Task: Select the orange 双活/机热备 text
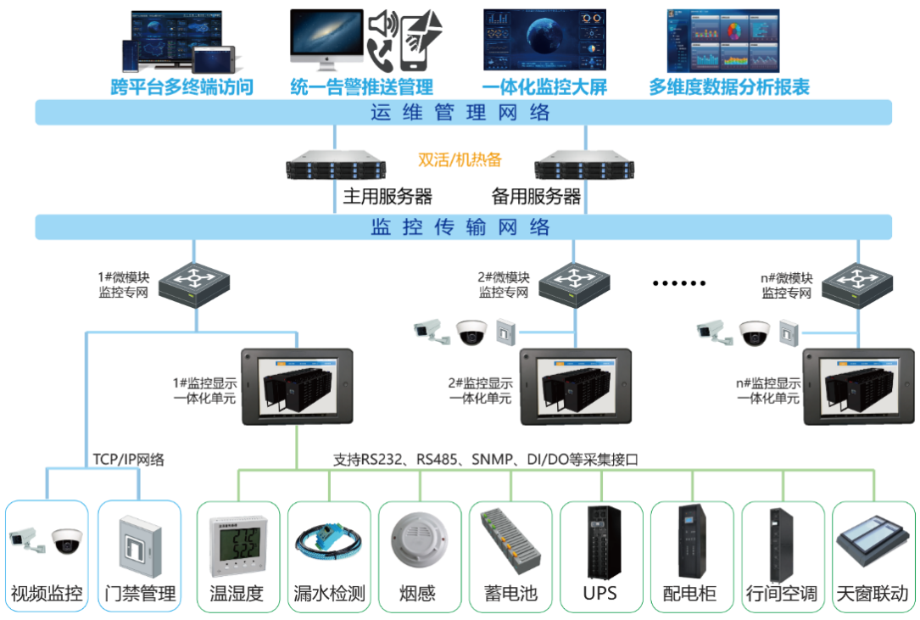pos(460,159)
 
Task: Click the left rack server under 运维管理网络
pos(337,165)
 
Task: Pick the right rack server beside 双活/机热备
pos(585,165)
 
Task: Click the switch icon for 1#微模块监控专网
pos(194,280)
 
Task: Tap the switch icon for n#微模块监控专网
pos(857,280)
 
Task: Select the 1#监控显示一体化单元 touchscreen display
pos(296,385)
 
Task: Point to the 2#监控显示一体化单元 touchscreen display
pos(576,385)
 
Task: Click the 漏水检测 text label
pos(329,593)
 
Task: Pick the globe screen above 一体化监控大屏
pos(544,39)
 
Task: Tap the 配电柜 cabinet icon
pos(693,543)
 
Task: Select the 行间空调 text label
pos(783,593)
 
